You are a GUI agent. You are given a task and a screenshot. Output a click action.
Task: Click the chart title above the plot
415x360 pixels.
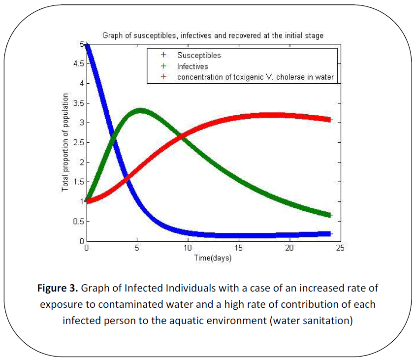click(x=213, y=35)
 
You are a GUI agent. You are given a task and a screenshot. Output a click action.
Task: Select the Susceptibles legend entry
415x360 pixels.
click(x=199, y=56)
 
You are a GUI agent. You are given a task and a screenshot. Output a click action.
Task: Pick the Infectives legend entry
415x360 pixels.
click(x=192, y=66)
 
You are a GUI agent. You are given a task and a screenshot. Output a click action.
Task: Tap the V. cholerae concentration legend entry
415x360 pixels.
click(x=255, y=77)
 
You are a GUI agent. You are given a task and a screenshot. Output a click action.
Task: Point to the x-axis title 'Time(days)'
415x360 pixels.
click(x=212, y=258)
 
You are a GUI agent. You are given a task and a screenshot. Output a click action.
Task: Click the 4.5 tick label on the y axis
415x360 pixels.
click(x=78, y=64)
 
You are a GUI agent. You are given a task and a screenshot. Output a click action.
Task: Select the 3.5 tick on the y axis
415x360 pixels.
click(x=78, y=103)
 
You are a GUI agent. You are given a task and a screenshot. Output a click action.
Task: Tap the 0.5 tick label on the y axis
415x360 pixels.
click(x=78, y=221)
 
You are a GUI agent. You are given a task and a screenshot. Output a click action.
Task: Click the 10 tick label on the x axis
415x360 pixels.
click(x=188, y=248)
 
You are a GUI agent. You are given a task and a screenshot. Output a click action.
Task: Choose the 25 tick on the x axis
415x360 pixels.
click(x=340, y=248)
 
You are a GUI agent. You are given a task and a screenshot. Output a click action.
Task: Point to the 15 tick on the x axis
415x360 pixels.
click(x=238, y=248)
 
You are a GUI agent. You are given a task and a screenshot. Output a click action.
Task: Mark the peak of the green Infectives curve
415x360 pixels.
click(x=140, y=110)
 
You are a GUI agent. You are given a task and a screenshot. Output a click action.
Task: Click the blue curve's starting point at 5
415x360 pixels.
click(x=87, y=45)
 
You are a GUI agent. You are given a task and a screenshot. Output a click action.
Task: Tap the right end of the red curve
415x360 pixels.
click(x=330, y=120)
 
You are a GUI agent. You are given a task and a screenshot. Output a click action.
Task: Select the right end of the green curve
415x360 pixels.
click(x=330, y=215)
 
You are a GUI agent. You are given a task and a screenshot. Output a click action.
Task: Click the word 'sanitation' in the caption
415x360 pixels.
click(x=328, y=320)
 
